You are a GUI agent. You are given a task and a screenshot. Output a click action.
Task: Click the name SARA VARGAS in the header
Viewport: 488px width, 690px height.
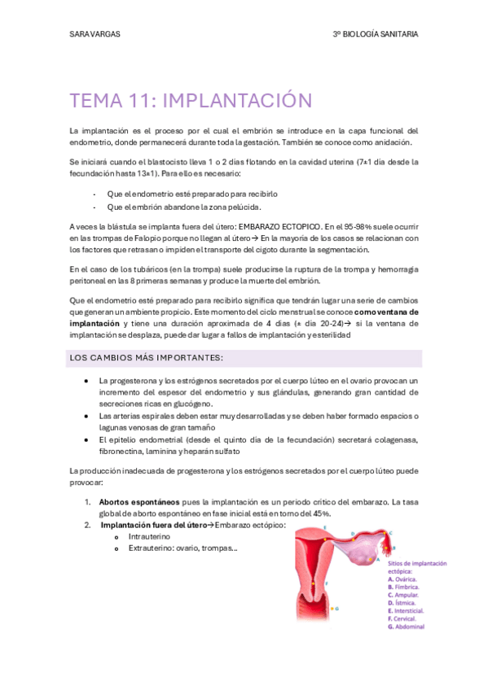[x=93, y=34]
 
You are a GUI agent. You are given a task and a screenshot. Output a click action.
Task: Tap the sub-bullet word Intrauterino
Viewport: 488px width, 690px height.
[x=152, y=537]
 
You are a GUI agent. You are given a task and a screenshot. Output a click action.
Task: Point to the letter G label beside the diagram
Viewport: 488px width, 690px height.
[x=337, y=608]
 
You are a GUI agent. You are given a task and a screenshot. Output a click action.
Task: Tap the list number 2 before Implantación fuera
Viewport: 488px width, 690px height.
[x=86, y=525]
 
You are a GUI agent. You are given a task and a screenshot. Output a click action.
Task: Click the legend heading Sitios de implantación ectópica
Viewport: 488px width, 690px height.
[x=416, y=566]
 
